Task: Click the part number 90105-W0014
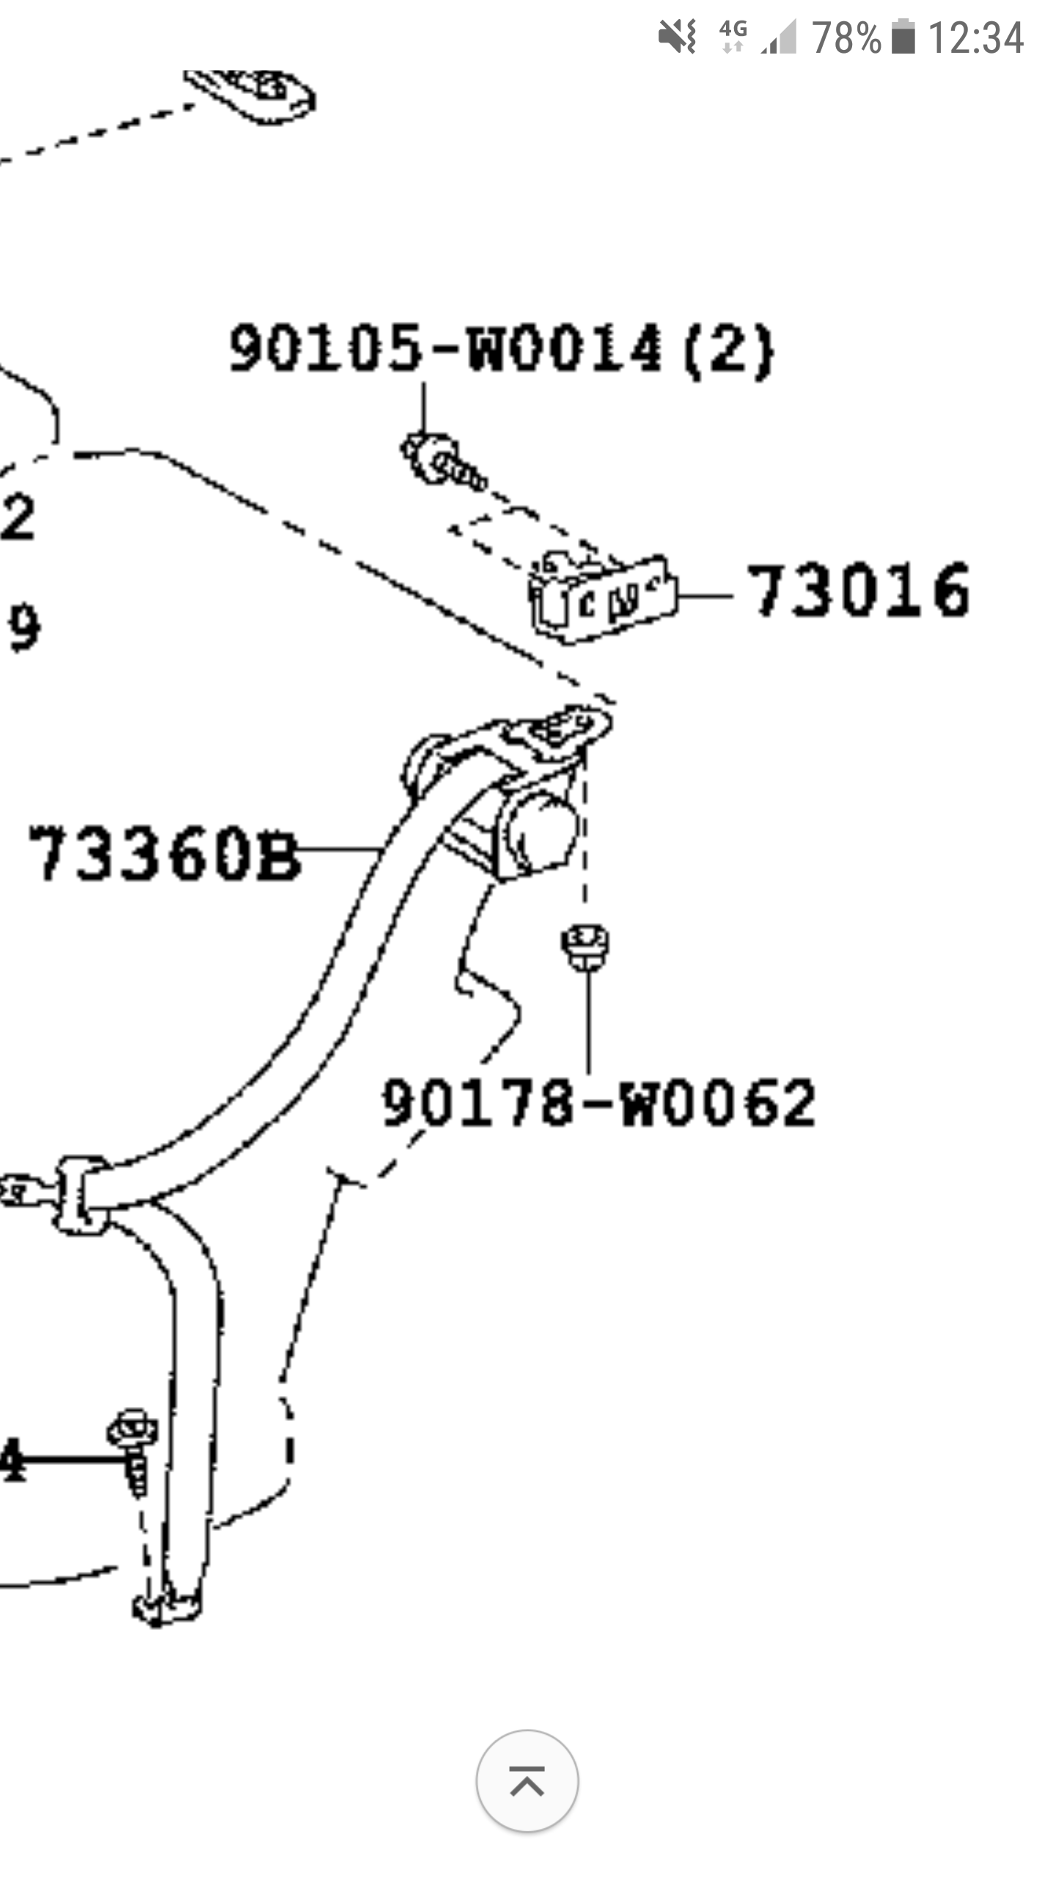[x=446, y=348]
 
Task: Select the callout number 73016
[x=859, y=591]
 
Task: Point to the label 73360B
[x=164, y=852]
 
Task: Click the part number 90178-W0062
[x=598, y=1103]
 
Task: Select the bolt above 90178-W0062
[x=585, y=945]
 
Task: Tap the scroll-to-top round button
[x=527, y=1781]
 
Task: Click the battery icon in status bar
[x=903, y=37]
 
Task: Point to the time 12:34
[x=975, y=37]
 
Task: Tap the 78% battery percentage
[x=846, y=37]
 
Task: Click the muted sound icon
[x=677, y=37]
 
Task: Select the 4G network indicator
[x=733, y=37]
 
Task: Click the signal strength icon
[x=780, y=37]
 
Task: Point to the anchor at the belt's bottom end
[x=166, y=1607]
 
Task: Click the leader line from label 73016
[x=704, y=596]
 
